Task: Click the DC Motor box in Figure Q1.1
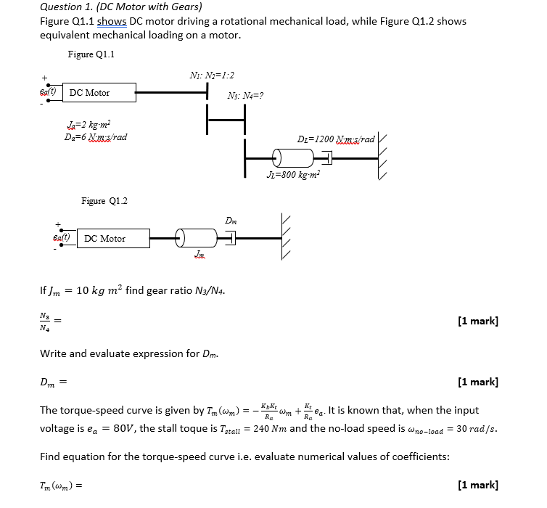coord(99,92)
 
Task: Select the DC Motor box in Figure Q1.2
coord(115,238)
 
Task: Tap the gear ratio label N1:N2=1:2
coord(212,75)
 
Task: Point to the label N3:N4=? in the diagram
coord(245,95)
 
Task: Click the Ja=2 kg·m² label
coord(88,125)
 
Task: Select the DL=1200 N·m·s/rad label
coord(336,139)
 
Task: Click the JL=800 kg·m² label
coord(294,174)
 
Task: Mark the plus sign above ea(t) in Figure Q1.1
coord(44,78)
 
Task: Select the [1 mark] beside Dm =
coord(478,382)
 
